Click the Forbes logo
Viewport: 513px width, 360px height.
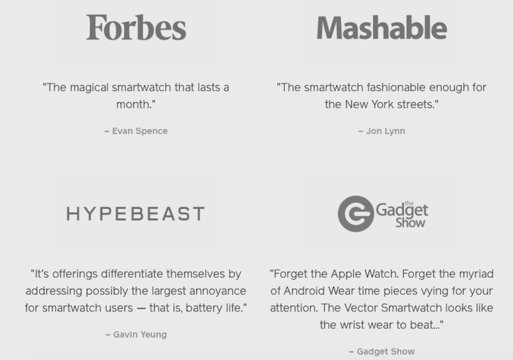click(136, 28)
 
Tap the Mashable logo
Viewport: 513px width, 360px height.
click(382, 28)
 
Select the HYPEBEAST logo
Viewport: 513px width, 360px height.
click(135, 214)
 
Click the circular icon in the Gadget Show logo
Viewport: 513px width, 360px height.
click(356, 214)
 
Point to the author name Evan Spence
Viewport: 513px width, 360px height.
click(140, 131)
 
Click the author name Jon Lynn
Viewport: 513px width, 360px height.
click(385, 131)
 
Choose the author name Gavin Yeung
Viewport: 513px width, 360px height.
click(140, 334)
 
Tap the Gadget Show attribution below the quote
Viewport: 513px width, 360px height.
click(385, 351)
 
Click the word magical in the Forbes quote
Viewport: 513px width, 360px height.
click(89, 88)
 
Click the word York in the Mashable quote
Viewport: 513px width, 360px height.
click(383, 105)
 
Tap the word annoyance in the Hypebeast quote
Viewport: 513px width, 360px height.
click(218, 291)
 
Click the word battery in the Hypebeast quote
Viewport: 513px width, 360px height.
click(204, 308)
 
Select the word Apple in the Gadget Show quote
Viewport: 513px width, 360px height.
click(345, 273)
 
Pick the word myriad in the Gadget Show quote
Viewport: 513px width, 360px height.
click(476, 274)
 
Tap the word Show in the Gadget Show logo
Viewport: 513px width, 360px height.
click(410, 223)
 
